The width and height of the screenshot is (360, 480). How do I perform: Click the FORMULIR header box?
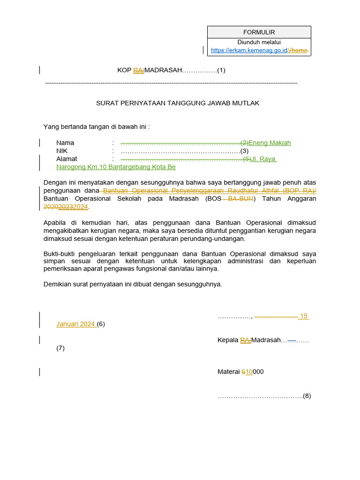pyautogui.click(x=259, y=32)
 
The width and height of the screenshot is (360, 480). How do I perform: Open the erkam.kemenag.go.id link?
pyautogui.click(x=249, y=50)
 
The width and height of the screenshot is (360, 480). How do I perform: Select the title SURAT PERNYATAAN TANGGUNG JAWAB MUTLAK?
pyautogui.click(x=178, y=103)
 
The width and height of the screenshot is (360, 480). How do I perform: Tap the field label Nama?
pyautogui.click(x=65, y=143)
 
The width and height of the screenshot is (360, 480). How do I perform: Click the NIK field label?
pyautogui.click(x=62, y=151)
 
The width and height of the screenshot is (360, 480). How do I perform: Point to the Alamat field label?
pyautogui.click(x=67, y=159)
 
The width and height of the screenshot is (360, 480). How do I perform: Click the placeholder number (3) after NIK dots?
pyautogui.click(x=244, y=151)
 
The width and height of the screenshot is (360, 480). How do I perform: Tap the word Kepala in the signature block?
pyautogui.click(x=228, y=340)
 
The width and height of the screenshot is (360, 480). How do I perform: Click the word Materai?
pyautogui.click(x=229, y=372)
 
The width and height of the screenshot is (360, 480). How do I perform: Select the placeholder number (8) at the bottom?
pyautogui.click(x=307, y=396)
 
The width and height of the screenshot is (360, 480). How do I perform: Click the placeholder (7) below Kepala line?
pyautogui.click(x=60, y=348)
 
